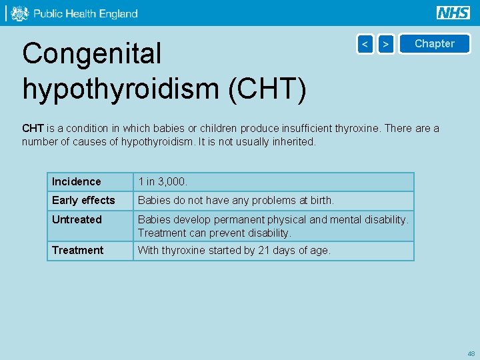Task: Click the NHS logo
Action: coord(453,13)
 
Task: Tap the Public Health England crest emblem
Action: coord(20,13)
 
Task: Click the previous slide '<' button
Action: coord(365,44)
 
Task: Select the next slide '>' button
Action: coord(386,44)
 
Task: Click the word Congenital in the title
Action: coord(92,54)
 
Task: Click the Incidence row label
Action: coord(77,182)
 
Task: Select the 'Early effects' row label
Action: coord(83,201)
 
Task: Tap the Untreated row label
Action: coord(77,220)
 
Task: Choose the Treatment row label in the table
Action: coord(78,251)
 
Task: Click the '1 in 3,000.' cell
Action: coord(163,182)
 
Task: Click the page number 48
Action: coord(471,353)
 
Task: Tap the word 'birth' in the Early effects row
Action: coord(320,201)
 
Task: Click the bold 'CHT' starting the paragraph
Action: coord(33,129)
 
